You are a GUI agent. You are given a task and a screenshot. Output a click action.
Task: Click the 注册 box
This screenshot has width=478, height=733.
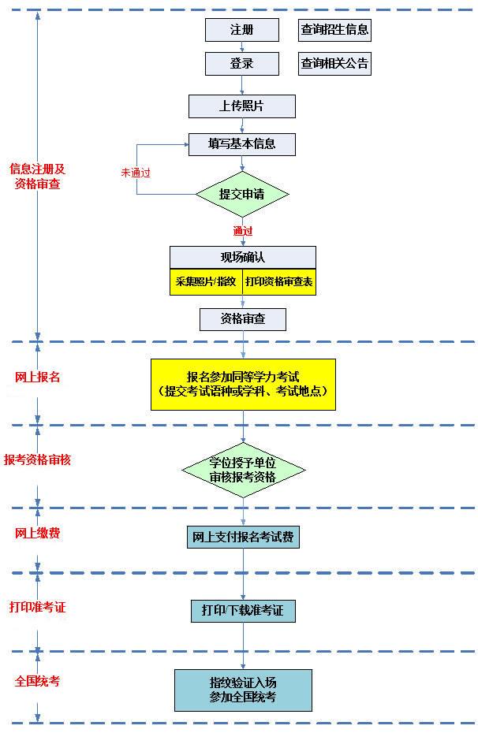242,30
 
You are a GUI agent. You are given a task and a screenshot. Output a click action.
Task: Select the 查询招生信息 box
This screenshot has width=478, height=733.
334,30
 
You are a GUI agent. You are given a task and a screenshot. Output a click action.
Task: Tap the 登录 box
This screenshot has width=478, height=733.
242,64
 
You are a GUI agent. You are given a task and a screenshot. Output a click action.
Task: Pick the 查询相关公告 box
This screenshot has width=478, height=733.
334,64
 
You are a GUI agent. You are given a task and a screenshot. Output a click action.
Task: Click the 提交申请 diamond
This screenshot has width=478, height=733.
242,194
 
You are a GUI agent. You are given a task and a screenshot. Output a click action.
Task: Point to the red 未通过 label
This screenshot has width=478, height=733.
136,171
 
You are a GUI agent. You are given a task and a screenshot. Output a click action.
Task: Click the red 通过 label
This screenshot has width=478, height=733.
243,231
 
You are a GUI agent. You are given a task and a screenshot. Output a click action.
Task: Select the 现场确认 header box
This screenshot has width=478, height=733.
242,257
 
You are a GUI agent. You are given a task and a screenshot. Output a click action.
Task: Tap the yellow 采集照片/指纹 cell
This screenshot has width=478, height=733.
205,281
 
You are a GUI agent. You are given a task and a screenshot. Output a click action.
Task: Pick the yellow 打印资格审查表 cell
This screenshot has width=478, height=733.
278,281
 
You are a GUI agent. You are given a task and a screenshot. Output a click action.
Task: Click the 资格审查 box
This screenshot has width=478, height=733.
242,319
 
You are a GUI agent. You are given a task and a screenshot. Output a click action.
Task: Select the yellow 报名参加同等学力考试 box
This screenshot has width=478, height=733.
243,384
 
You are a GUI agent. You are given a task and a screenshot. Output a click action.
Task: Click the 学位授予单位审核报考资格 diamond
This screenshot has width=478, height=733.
243,471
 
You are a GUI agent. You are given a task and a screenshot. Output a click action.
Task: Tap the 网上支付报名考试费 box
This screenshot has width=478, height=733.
243,537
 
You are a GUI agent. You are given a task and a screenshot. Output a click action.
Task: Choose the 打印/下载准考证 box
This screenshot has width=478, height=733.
243,610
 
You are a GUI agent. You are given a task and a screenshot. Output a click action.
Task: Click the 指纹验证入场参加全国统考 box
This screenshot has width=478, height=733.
243,690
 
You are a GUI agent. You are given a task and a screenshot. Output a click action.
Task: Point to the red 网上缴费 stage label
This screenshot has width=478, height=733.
38,534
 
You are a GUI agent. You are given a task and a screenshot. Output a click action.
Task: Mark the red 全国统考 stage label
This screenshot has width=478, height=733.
38,681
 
